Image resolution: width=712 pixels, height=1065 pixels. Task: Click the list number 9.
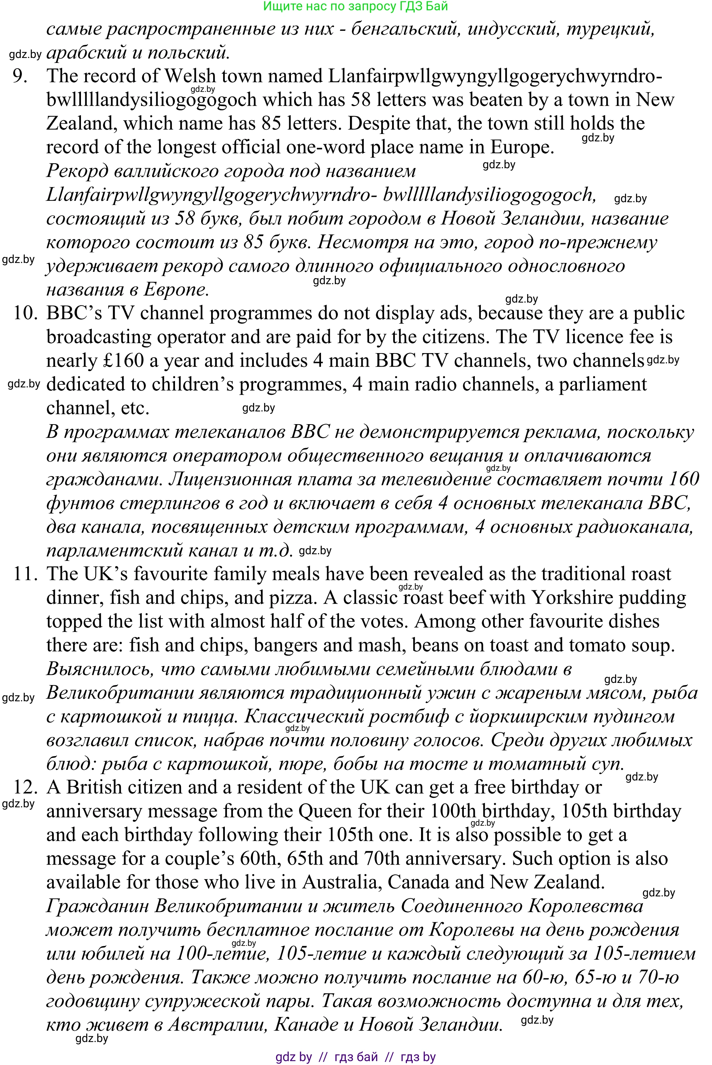[x=20, y=76]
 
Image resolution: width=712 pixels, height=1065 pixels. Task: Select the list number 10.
[x=25, y=313]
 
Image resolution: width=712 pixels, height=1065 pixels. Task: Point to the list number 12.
[x=25, y=787]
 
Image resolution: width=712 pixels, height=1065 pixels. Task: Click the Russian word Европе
[x=177, y=289]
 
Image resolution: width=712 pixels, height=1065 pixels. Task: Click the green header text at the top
[x=356, y=6]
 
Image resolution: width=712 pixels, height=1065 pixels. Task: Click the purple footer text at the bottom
[x=356, y=1057]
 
